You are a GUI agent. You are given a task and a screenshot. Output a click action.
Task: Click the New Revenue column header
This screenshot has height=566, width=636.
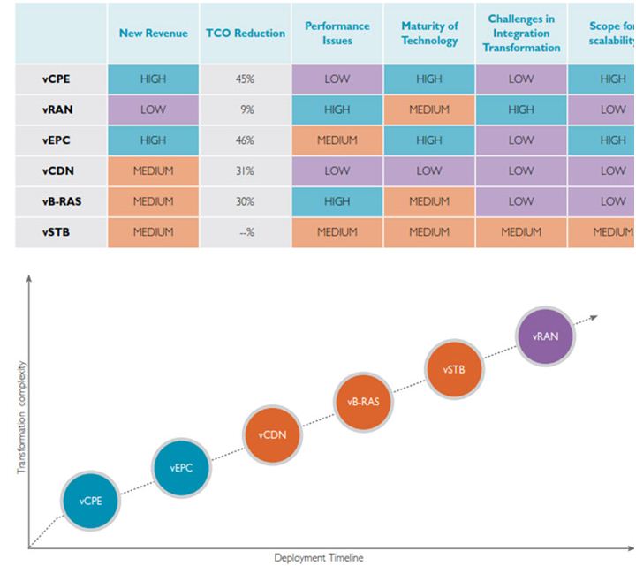(154, 34)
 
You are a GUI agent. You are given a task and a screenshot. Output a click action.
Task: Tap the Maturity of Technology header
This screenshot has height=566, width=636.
(428, 34)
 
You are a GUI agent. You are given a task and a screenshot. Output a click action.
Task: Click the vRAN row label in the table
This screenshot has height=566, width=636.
(58, 109)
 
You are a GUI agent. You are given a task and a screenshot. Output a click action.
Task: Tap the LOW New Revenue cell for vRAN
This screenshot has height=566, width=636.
(154, 109)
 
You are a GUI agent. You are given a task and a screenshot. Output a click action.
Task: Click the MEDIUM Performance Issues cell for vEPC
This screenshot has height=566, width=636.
(337, 140)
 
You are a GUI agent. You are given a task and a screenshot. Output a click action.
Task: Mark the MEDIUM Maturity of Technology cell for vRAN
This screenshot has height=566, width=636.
(428, 109)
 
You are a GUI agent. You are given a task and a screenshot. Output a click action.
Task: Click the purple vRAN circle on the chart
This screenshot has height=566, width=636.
(545, 336)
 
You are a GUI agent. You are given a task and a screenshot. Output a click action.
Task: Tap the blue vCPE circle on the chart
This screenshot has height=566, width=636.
(89, 501)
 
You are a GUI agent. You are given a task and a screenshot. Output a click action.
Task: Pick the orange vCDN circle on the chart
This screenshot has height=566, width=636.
(272, 435)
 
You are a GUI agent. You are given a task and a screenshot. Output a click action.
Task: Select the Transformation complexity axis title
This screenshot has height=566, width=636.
(22, 417)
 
